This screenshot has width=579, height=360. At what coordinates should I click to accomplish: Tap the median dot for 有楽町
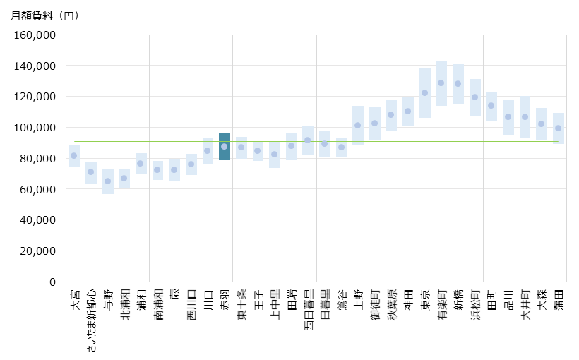(x=441, y=83)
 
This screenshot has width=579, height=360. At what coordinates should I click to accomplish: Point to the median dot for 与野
(x=108, y=181)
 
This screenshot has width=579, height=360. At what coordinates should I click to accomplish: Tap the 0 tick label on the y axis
(x=52, y=282)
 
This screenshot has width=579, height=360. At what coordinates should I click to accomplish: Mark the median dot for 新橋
(x=458, y=83)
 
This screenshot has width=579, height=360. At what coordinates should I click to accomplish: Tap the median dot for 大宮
(x=74, y=155)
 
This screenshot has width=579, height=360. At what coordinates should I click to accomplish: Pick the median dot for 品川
(x=508, y=116)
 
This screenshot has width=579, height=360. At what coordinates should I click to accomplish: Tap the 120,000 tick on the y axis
(x=35, y=97)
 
